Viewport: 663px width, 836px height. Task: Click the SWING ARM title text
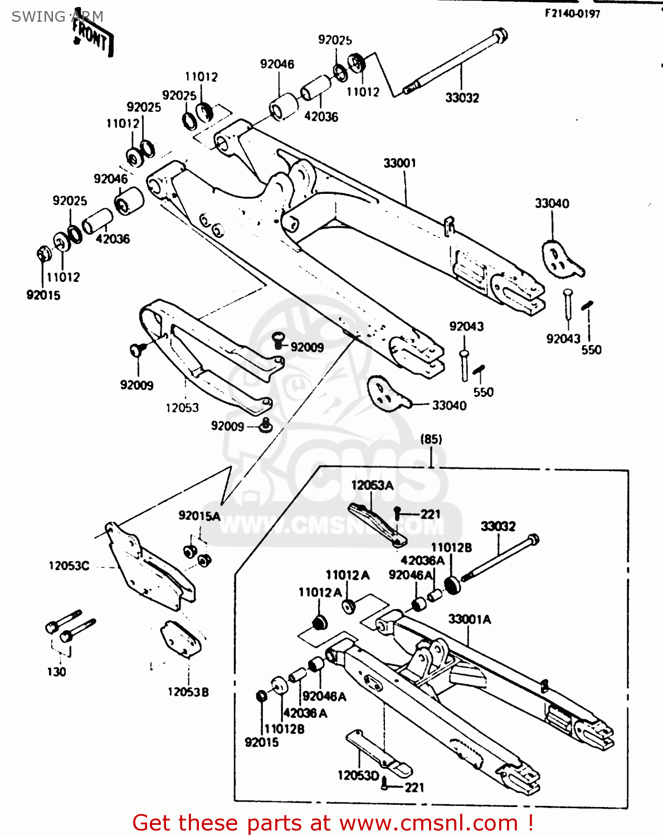57,17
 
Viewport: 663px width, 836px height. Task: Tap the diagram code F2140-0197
572,14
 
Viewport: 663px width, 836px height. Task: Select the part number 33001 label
399,163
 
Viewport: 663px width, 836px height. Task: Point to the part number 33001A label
470,619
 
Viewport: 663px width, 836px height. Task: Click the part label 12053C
69,566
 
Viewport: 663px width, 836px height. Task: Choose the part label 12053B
188,692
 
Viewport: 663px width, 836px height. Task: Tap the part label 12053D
358,775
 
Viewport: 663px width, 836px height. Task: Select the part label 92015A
199,516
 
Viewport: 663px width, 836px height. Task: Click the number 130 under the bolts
56,672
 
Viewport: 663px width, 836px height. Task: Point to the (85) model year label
431,439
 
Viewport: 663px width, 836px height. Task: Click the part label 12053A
372,485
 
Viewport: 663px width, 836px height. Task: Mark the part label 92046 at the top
277,64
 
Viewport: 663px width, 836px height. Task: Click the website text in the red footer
429,823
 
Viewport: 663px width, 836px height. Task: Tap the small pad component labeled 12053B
181,639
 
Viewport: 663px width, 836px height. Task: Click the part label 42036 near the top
321,117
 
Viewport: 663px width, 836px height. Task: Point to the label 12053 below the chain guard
182,408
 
